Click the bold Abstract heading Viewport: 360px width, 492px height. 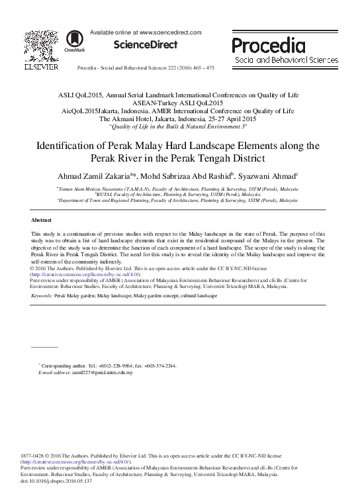(42, 219)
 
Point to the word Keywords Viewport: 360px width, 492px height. (43, 296)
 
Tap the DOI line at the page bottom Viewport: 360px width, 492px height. (57, 481)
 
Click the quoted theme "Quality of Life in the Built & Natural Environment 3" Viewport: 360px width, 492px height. (179, 126)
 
